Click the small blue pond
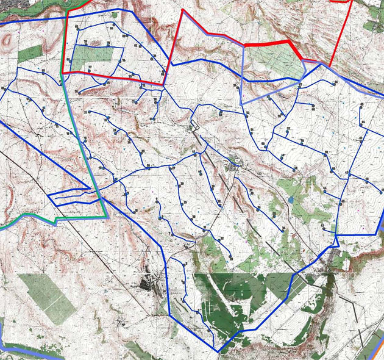pos(292,200)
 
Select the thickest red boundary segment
pos(274,43)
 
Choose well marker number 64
pos(336,82)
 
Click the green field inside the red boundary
pos(91,58)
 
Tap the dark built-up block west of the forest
pos(149,283)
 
